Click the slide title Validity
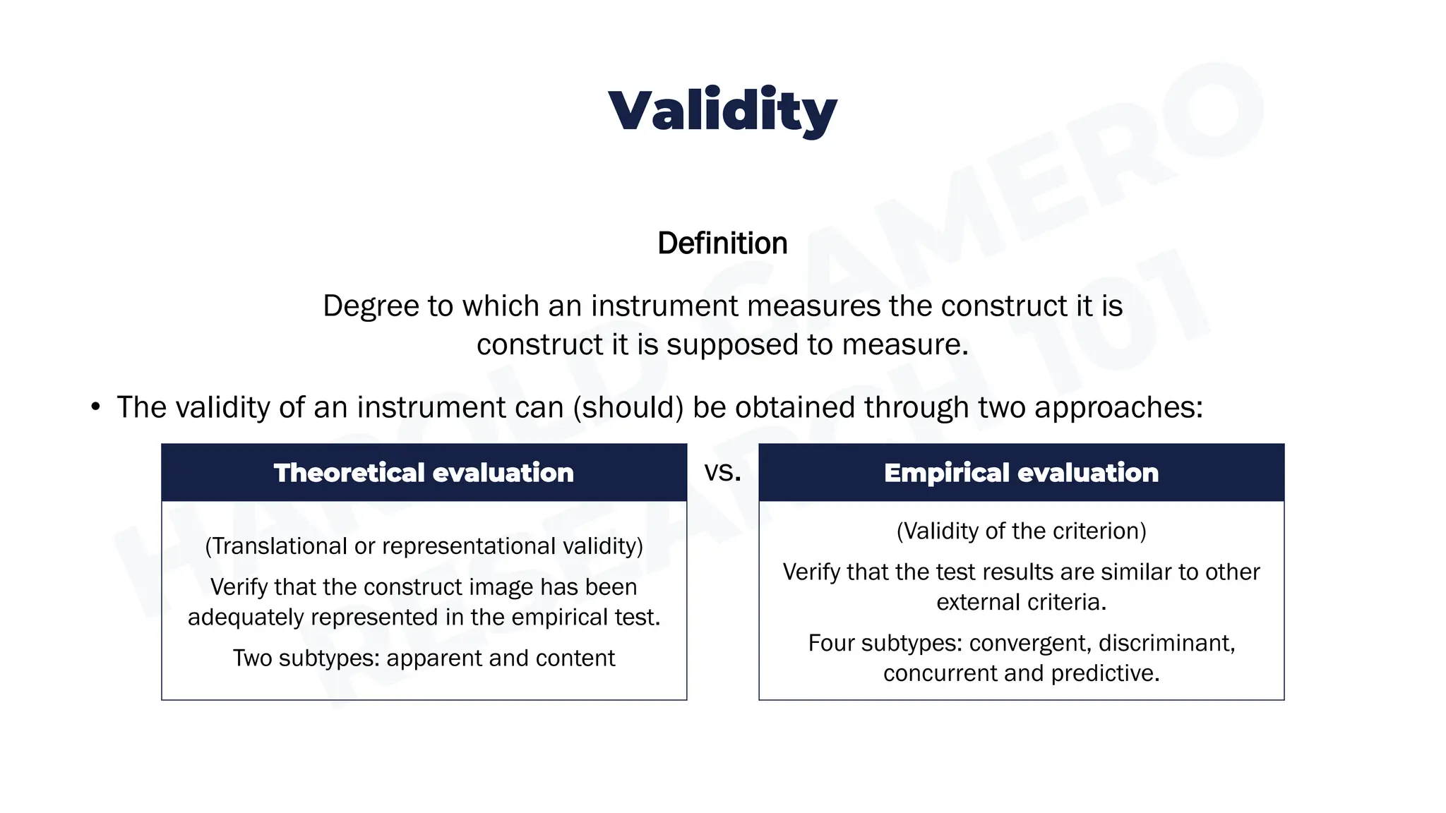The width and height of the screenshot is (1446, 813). [722, 111]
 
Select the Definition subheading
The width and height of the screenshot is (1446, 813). [722, 243]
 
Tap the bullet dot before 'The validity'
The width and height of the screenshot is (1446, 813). [95, 407]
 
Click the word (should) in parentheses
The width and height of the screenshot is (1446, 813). [628, 407]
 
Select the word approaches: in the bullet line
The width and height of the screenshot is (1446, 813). [1118, 407]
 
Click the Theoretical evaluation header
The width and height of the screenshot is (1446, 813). [424, 473]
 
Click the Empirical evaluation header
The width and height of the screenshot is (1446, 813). [1021, 473]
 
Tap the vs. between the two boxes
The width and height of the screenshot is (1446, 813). [722, 471]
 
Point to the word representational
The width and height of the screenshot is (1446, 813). [470, 546]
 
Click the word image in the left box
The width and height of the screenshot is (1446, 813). [500, 587]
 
